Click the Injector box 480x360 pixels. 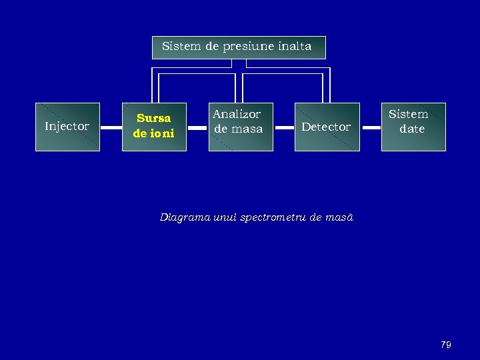[67, 127]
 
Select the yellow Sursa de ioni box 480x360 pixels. [154, 127]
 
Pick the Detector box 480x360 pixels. [327, 127]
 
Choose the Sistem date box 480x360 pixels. [413, 127]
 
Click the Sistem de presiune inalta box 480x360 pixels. [239, 47]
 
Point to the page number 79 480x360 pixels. [446, 345]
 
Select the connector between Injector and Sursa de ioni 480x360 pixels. [111, 127]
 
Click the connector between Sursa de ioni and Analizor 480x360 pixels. [197, 127]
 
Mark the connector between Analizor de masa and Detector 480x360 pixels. [284, 127]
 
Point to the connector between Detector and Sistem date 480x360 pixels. [371, 127]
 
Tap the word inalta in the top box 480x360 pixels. [294, 47]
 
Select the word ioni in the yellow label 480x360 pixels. [162, 133]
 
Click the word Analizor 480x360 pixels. [237, 115]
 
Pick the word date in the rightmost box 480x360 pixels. [412, 129]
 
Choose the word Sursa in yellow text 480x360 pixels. [154, 119]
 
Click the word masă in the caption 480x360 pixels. [340, 217]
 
